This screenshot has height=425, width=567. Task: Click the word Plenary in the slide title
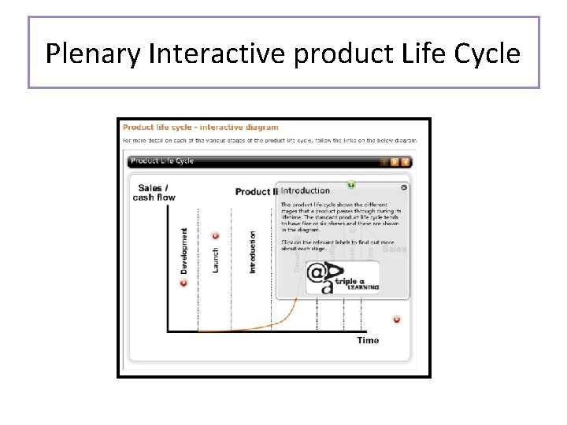92,54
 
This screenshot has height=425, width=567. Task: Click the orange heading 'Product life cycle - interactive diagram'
200,128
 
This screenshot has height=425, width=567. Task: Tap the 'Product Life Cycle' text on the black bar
162,161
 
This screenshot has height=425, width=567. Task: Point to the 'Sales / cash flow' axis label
154,193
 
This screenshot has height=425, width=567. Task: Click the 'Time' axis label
368,340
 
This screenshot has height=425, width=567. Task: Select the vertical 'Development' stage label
184,251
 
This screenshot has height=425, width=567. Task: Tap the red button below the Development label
184,283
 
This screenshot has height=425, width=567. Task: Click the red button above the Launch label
216,235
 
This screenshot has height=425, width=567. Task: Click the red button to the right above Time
397,320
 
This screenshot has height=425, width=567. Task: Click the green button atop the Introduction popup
351,184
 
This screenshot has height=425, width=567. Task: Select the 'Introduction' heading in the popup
306,190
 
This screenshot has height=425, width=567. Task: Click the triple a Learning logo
343,278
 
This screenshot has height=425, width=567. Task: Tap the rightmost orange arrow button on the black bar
406,162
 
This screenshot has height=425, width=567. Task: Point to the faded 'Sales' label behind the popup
395,249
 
